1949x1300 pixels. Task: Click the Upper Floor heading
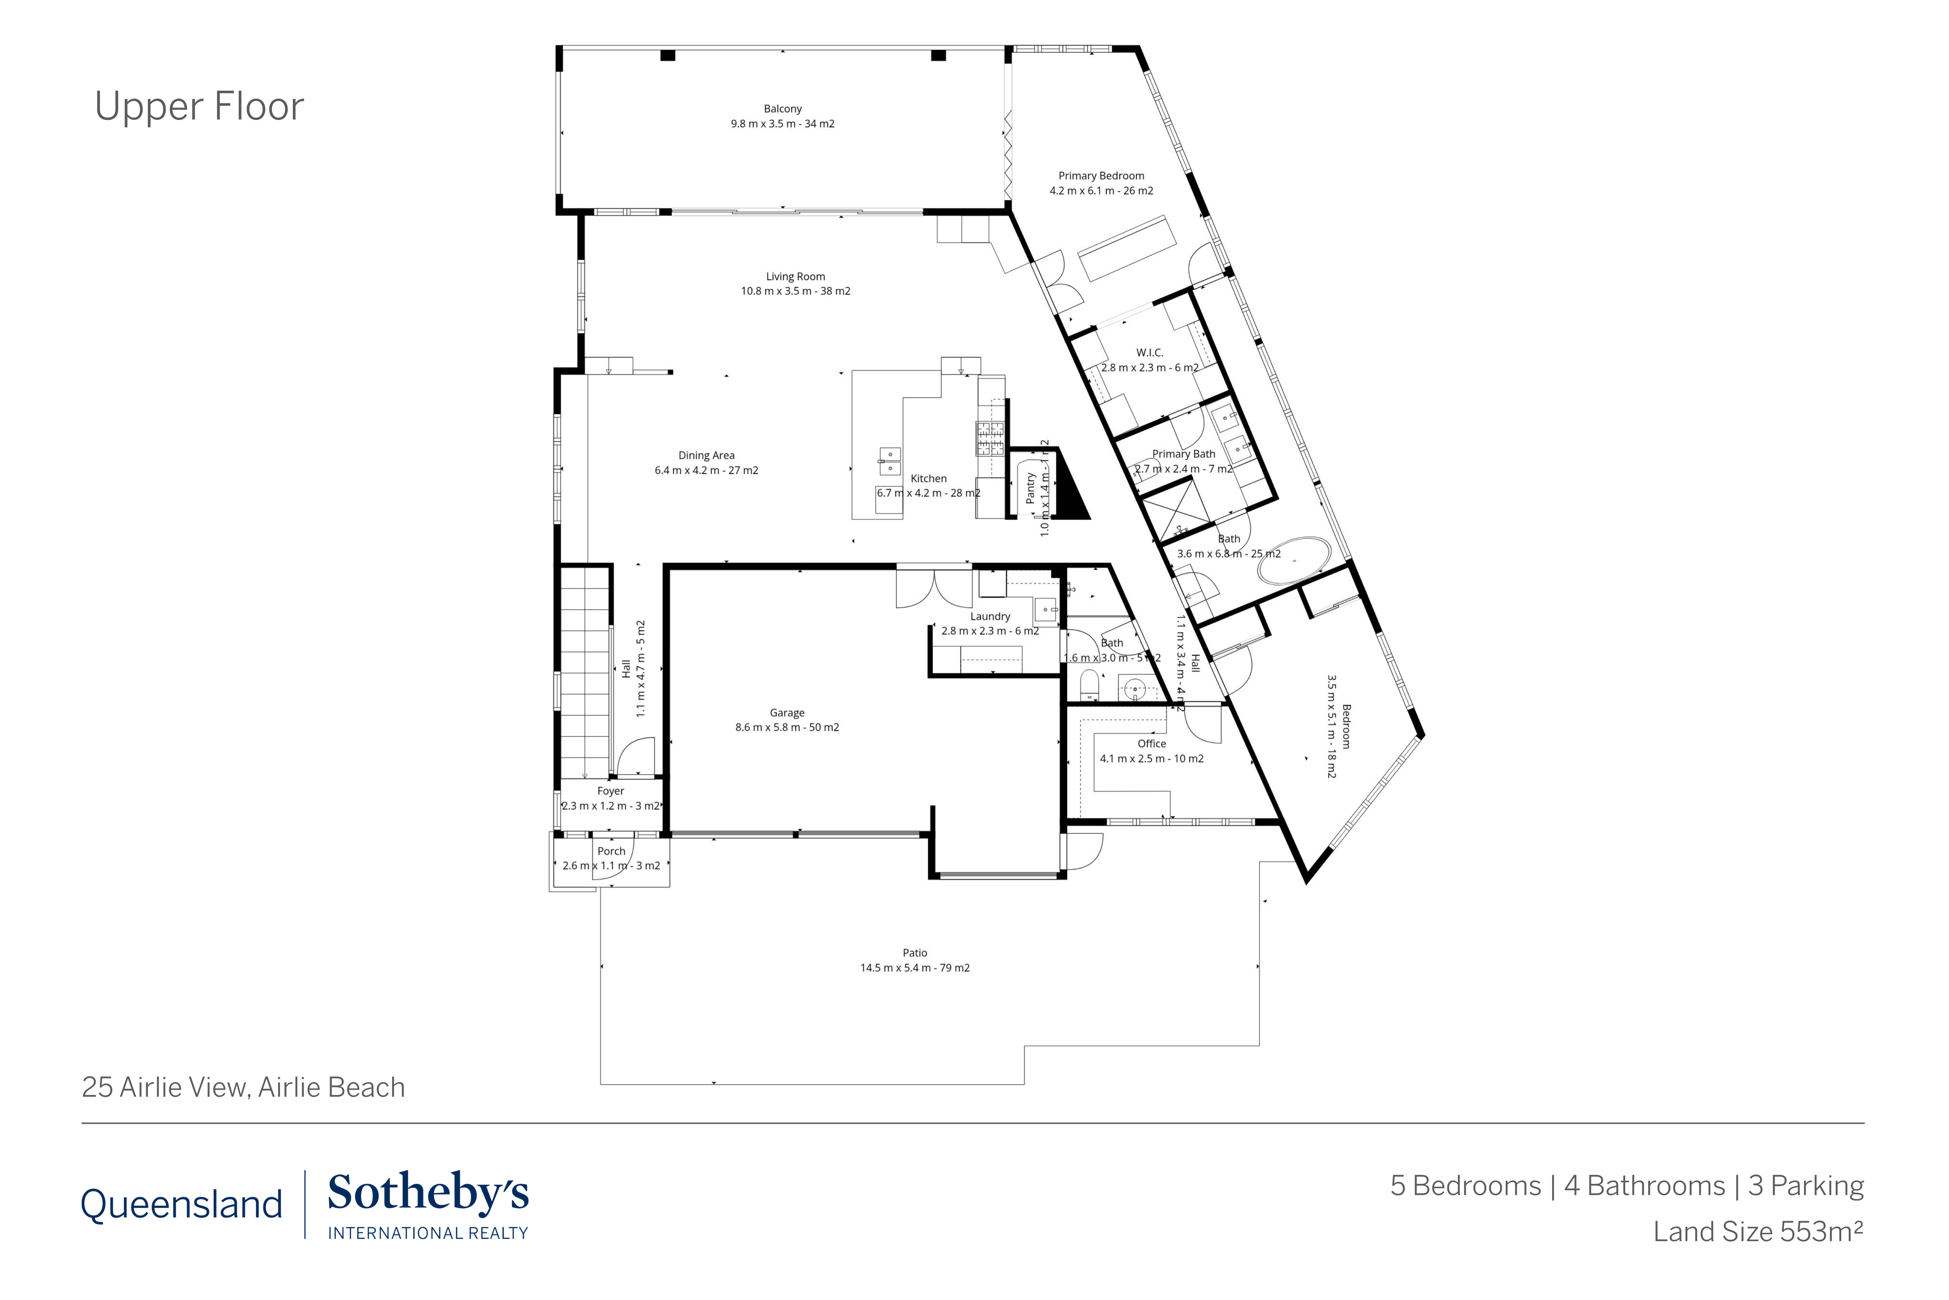pyautogui.click(x=199, y=106)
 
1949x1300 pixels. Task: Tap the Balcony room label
pyautogui.click(x=782, y=109)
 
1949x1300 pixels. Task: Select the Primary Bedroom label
pyautogui.click(x=1100, y=176)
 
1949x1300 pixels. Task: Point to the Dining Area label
pyautogui.click(x=706, y=455)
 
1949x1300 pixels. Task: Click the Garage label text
pyautogui.click(x=786, y=713)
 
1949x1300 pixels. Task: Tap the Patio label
pyautogui.click(x=915, y=953)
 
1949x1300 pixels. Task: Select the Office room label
pyautogui.click(x=1151, y=744)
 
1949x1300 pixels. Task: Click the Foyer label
pyautogui.click(x=611, y=791)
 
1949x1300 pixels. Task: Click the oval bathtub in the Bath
pyautogui.click(x=1293, y=561)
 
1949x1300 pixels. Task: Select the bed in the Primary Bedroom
pyautogui.click(x=1127, y=247)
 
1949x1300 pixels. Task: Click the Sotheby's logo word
pyautogui.click(x=428, y=1194)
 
